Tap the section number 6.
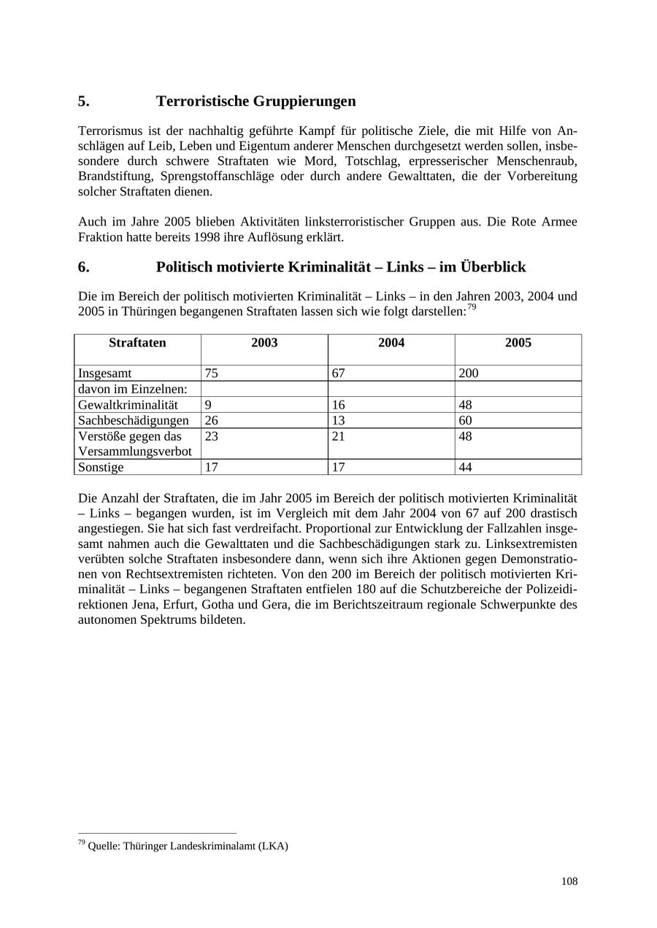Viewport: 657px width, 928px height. coord(83,267)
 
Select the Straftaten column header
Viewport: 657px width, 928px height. coord(137,343)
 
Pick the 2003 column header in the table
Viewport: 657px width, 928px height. coord(264,343)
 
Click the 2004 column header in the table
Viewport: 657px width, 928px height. coord(391,343)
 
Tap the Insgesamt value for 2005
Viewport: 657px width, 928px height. coord(469,374)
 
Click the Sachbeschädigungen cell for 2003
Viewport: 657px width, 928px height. coord(212,420)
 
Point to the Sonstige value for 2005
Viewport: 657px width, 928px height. coord(466,467)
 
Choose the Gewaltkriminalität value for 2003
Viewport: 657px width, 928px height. coord(209,405)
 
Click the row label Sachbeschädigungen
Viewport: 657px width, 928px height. coord(134,420)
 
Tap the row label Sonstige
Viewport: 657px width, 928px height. coord(101,467)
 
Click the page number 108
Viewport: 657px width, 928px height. coord(569,881)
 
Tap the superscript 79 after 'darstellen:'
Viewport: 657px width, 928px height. coord(472,307)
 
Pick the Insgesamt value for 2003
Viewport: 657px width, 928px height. coord(212,374)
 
